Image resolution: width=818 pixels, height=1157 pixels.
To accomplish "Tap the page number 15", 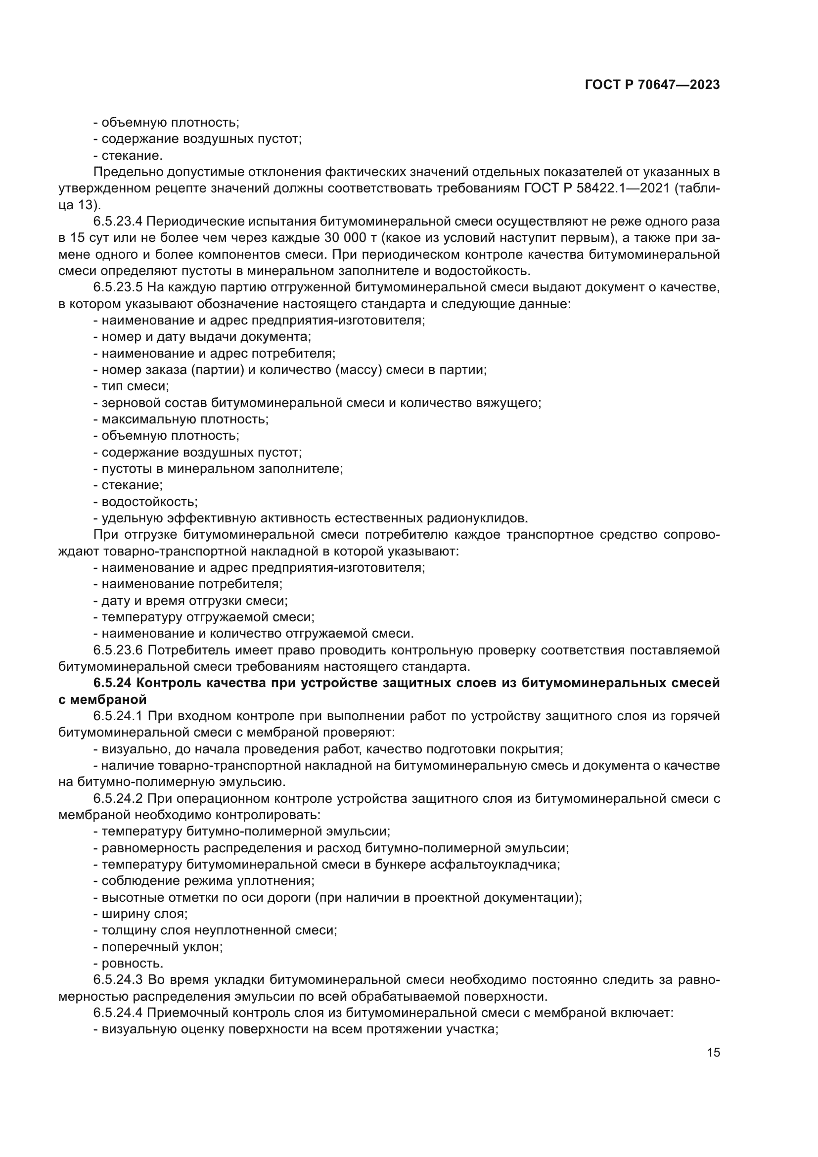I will tap(713, 1053).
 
